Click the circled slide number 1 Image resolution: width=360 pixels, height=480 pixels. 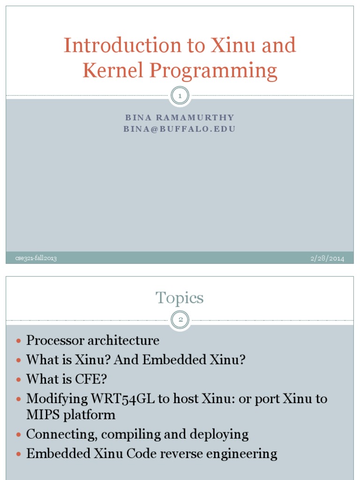180,96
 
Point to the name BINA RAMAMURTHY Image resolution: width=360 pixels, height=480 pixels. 180,118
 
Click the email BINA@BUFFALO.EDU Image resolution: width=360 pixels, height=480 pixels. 180,129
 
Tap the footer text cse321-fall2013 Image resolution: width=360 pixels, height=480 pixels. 33,258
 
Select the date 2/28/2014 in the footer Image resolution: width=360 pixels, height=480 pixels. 327,258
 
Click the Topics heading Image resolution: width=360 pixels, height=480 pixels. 180,298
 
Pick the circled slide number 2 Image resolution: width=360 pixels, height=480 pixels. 180,320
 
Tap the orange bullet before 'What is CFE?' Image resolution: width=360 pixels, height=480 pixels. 19,380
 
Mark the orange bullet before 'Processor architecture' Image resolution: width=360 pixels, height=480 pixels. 19,341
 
